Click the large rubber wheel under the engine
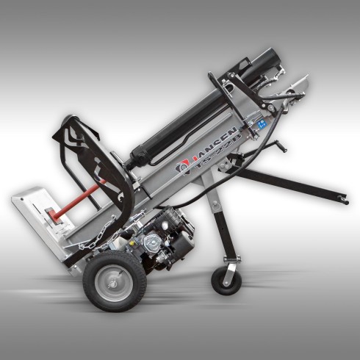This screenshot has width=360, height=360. point(114,279)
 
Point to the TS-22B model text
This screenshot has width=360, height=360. point(215,161)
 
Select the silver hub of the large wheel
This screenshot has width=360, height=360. point(114,280)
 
